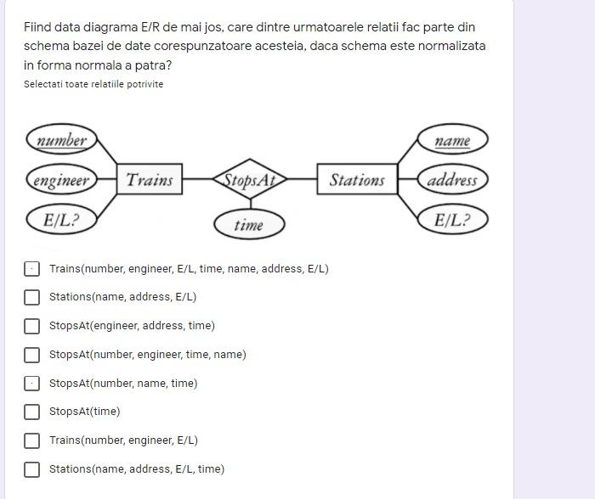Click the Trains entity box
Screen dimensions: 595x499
149,179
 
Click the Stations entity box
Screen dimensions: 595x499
356,179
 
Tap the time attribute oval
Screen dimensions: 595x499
248,225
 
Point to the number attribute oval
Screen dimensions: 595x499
61,140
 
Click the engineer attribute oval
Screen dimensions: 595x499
61,180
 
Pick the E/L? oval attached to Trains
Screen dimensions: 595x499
61,220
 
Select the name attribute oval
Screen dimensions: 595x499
452,140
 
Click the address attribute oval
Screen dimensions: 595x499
452,180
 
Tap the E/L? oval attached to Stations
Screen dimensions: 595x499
452,220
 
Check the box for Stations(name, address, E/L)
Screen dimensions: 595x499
31,297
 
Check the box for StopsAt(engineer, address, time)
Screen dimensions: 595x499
31,326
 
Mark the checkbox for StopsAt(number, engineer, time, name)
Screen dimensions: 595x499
31,355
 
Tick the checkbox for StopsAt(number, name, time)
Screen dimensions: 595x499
31,384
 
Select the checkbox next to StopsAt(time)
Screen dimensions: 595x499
31,412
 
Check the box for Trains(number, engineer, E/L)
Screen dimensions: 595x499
31,440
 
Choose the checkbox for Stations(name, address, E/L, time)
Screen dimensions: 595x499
31,469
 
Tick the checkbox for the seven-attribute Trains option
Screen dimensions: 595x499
31,269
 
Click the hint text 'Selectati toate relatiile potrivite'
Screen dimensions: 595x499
93,84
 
